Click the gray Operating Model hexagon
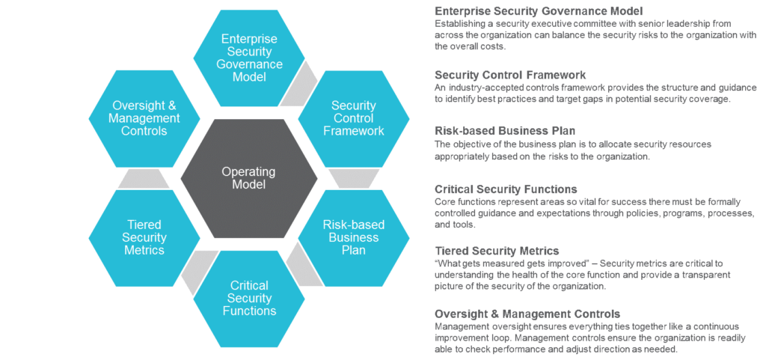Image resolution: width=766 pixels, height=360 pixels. pyautogui.click(x=248, y=178)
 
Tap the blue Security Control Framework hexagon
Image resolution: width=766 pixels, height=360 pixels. pyautogui.click(x=353, y=118)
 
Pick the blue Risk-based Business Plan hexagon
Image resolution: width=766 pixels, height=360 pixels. pyautogui.click(x=353, y=238)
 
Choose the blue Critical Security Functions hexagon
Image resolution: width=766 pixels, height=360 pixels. pyautogui.click(x=248, y=298)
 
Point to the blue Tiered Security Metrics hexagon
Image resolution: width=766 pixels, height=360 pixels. pyautogui.click(x=144, y=238)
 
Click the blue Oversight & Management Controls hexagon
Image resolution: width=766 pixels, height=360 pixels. pyautogui.click(x=144, y=118)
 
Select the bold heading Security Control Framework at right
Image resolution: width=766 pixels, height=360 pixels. pyautogui.click(x=511, y=75)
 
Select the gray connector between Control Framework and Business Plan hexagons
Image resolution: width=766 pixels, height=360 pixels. pyautogui.click(x=345, y=177)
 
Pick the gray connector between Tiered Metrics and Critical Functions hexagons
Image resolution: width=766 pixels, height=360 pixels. pyautogui.click(x=196, y=267)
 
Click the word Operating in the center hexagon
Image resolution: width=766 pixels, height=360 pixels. pyautogui.click(x=248, y=171)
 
